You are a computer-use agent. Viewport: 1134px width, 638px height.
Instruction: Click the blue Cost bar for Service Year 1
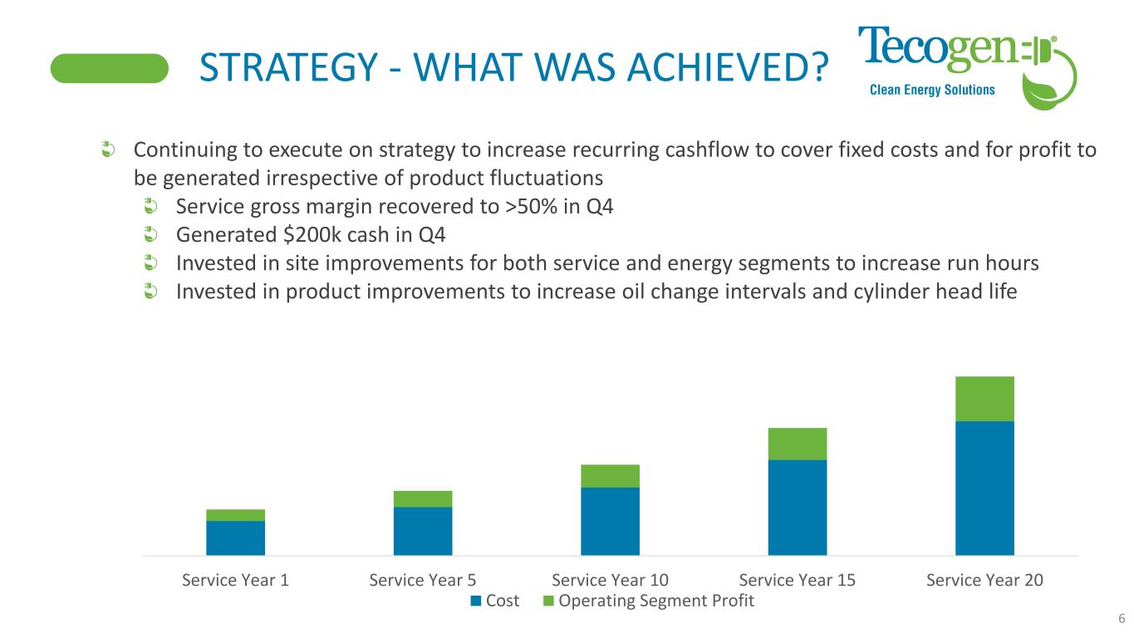coord(235,537)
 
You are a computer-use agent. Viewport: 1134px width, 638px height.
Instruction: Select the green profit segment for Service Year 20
coord(984,399)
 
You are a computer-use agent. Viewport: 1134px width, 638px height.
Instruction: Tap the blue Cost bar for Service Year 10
coord(610,521)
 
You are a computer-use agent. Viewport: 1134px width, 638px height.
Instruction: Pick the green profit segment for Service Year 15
coord(798,444)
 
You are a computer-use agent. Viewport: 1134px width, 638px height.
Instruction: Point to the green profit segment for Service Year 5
coord(423,498)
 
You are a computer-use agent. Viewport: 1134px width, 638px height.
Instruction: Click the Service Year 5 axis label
coord(423,581)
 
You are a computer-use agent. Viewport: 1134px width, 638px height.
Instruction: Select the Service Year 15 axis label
coord(798,581)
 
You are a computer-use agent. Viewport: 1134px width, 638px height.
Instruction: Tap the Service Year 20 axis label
coord(984,581)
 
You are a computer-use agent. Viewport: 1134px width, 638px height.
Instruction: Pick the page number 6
coord(1122,618)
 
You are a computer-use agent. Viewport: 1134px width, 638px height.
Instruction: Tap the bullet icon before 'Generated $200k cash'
coord(150,235)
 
